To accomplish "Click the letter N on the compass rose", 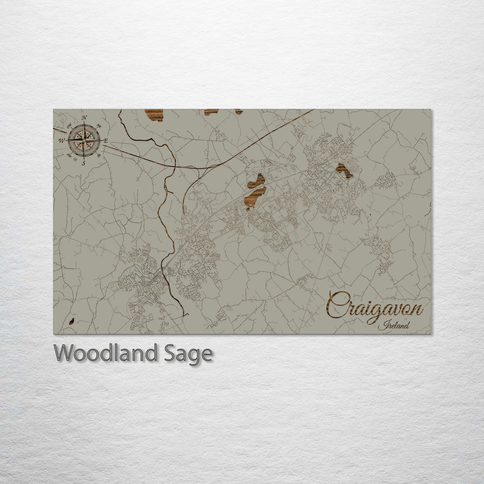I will (85, 118).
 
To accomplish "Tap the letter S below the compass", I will (83, 163).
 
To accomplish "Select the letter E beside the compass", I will (106, 141).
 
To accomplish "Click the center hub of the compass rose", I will (84, 140).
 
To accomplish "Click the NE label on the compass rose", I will (99, 126).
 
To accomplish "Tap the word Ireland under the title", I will (393, 326).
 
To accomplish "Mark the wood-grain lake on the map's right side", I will (344, 170).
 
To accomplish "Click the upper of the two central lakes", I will (256, 180).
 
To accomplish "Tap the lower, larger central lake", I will (255, 198).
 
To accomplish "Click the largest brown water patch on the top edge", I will (154, 115).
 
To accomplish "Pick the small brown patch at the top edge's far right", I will (239, 112).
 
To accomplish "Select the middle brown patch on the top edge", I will (211, 112).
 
